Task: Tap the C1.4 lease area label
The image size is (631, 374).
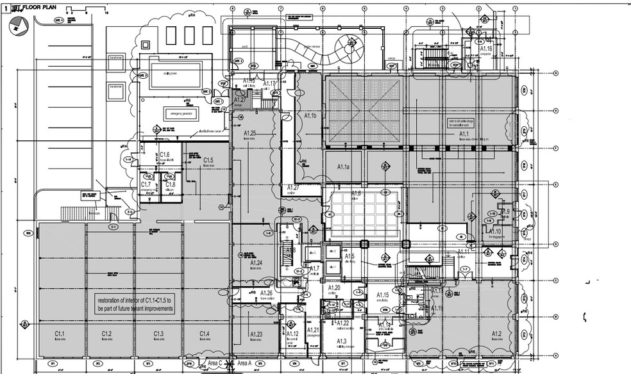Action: [x=205, y=334]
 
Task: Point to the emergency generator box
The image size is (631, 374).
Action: [x=181, y=113]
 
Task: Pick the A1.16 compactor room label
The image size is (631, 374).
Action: [x=486, y=49]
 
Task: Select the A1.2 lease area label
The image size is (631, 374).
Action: [x=496, y=334]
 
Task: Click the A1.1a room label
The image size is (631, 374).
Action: [x=343, y=167]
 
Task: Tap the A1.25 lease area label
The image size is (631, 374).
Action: [x=250, y=134]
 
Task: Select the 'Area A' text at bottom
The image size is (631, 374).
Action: [x=245, y=363]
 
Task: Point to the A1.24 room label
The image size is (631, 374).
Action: [x=256, y=263]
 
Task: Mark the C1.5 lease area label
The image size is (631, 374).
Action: [x=208, y=160]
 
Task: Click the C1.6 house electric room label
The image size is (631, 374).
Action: [x=165, y=156]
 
